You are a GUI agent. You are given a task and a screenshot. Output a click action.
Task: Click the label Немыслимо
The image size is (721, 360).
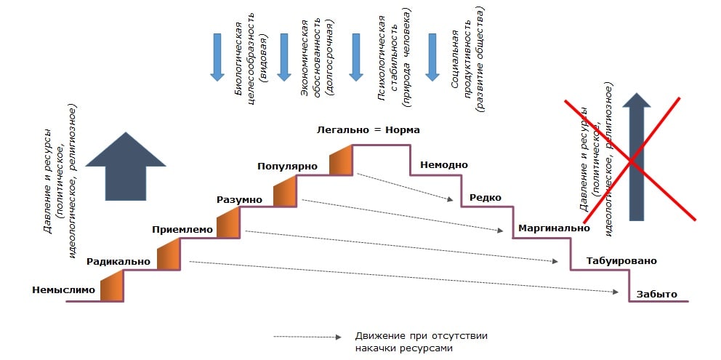click(x=64, y=289)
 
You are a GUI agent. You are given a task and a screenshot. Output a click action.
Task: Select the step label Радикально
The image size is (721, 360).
click(x=118, y=261)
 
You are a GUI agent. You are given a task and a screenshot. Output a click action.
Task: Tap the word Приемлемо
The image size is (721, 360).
click(x=182, y=230)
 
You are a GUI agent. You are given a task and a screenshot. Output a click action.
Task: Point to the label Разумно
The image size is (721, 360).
click(x=239, y=199)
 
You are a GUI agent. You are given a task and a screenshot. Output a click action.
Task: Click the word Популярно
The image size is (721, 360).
click(x=288, y=167)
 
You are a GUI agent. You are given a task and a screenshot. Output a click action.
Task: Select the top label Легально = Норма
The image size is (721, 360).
click(x=368, y=130)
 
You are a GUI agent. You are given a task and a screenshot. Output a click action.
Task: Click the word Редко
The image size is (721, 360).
click(x=485, y=197)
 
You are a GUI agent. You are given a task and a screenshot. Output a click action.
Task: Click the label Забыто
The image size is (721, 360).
click(x=656, y=294)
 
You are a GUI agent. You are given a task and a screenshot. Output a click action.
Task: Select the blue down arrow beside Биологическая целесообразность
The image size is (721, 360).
click(x=217, y=56)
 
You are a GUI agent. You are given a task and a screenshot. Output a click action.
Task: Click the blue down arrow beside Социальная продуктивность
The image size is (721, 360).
click(x=432, y=56)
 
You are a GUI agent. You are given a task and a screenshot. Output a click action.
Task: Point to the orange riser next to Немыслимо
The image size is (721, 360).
click(x=112, y=285)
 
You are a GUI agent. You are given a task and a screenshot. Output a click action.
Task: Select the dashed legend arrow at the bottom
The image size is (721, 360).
click(x=307, y=337)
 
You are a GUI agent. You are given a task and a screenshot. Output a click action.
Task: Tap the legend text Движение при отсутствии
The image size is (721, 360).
click(x=421, y=336)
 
